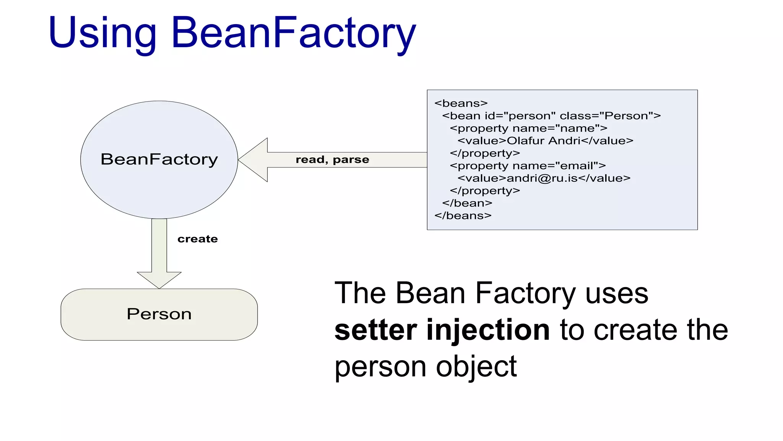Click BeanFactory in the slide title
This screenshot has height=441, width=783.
click(x=294, y=34)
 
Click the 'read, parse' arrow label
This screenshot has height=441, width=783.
click(x=332, y=160)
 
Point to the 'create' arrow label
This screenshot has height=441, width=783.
click(x=197, y=239)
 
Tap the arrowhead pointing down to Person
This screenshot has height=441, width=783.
click(x=159, y=280)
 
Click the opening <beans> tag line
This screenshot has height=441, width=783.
click(x=461, y=103)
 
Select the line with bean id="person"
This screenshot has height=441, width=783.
click(x=551, y=116)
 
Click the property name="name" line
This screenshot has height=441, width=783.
click(x=528, y=128)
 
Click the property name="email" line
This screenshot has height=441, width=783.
click(x=528, y=166)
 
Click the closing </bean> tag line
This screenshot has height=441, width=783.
click(x=467, y=203)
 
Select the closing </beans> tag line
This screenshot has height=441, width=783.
click(x=463, y=216)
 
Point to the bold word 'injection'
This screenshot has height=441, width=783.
click(x=488, y=330)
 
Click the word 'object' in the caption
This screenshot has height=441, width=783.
click(x=476, y=367)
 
